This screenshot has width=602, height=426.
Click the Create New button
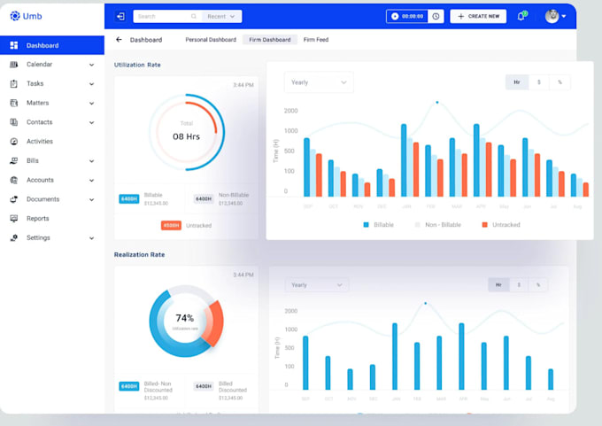[478, 16]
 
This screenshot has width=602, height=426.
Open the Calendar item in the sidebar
[39, 65]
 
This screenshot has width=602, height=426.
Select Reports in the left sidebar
[37, 219]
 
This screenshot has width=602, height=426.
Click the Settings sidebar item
[38, 238]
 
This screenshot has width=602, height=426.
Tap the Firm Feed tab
[316, 40]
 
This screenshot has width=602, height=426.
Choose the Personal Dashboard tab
[211, 40]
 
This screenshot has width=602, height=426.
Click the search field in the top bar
[164, 16]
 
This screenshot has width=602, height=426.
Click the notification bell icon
[521, 16]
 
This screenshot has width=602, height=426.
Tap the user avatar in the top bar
[552, 16]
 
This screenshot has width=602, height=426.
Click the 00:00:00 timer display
[413, 16]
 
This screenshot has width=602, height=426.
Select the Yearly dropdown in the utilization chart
[319, 82]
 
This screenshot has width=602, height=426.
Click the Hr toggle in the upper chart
[517, 82]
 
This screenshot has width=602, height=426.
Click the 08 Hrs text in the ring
[186, 136]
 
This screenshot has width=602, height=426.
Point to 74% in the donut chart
[185, 318]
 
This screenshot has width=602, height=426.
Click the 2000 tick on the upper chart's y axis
[291, 112]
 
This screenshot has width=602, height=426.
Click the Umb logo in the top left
[26, 16]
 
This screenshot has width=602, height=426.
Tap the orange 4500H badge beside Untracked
[171, 225]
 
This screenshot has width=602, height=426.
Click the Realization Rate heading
[139, 254]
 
